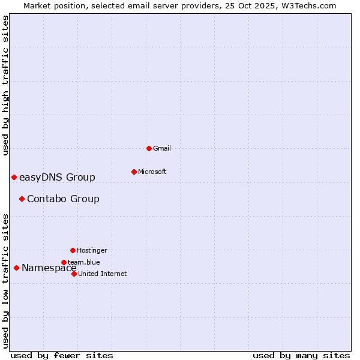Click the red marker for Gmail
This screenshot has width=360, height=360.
point(149,148)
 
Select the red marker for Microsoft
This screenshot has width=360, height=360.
point(134,172)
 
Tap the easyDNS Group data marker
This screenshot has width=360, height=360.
point(14,177)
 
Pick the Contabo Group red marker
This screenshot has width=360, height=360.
point(22,199)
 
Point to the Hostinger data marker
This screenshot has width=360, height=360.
point(73,250)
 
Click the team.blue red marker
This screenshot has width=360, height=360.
point(64,262)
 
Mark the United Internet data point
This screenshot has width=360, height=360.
point(74,274)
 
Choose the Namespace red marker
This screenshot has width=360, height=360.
point(16,268)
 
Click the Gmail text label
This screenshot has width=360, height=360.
point(163,148)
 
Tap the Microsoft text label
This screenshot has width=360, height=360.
point(152,172)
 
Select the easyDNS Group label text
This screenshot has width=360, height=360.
point(57,177)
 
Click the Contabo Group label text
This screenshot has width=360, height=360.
point(63,199)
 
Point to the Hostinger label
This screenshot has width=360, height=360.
point(92,250)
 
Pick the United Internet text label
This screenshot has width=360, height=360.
point(103,274)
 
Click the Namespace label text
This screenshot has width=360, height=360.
point(49,268)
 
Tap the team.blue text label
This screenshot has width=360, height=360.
point(84,262)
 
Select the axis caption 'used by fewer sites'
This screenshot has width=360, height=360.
point(62,355)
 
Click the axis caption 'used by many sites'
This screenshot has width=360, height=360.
point(301,355)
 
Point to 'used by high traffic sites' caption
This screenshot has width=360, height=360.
point(5,85)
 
